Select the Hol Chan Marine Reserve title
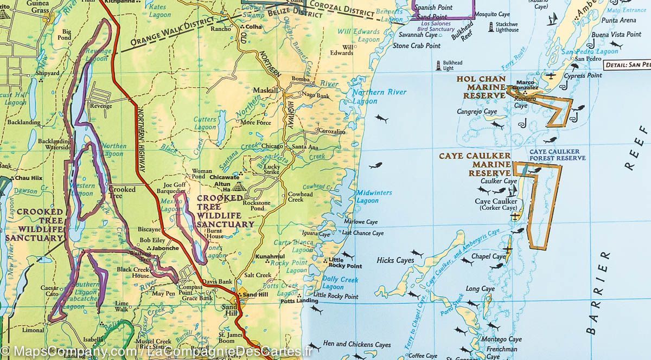coord(481,87)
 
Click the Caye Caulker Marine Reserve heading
coord(474,164)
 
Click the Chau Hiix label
coord(29,178)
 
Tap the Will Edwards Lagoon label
coord(358,36)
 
